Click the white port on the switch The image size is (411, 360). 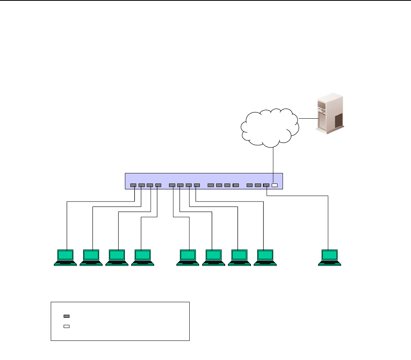[274, 185]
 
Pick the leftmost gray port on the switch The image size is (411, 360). [133, 185]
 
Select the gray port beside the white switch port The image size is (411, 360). [266, 185]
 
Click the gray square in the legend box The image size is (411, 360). [66, 316]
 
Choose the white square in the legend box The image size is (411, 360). [66, 326]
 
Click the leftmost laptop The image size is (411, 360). [65, 257]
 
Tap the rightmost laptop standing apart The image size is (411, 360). [329, 257]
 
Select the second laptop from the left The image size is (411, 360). [91, 257]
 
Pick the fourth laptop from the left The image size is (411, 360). [142, 257]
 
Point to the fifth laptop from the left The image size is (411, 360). [188, 257]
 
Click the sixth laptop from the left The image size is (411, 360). [214, 257]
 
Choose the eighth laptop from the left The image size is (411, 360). [265, 257]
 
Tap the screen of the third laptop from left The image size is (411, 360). [117, 255]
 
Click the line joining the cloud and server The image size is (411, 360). [307, 118]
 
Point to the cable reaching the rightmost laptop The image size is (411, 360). [328, 223]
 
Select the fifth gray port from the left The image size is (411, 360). [172, 185]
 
